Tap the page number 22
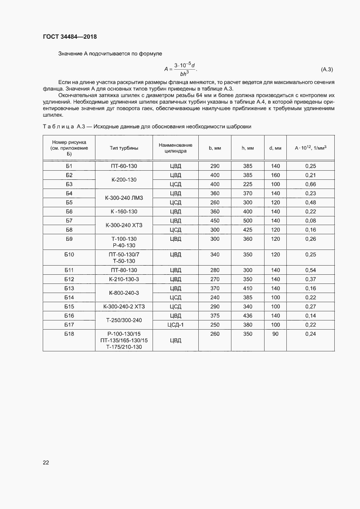(x=46, y=462)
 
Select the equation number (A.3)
(x=327, y=69)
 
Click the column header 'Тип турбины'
(x=124, y=148)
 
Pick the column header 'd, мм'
(x=275, y=148)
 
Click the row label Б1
(x=69, y=166)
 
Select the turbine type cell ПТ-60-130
(x=124, y=166)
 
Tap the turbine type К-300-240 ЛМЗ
(x=124, y=198)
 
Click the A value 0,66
(x=310, y=184)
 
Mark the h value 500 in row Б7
(x=248, y=221)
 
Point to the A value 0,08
(x=310, y=221)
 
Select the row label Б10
(x=69, y=254)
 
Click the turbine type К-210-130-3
(x=124, y=279)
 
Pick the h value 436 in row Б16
(x=248, y=315)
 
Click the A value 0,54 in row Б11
(x=310, y=270)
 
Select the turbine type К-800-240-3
(x=124, y=293)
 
